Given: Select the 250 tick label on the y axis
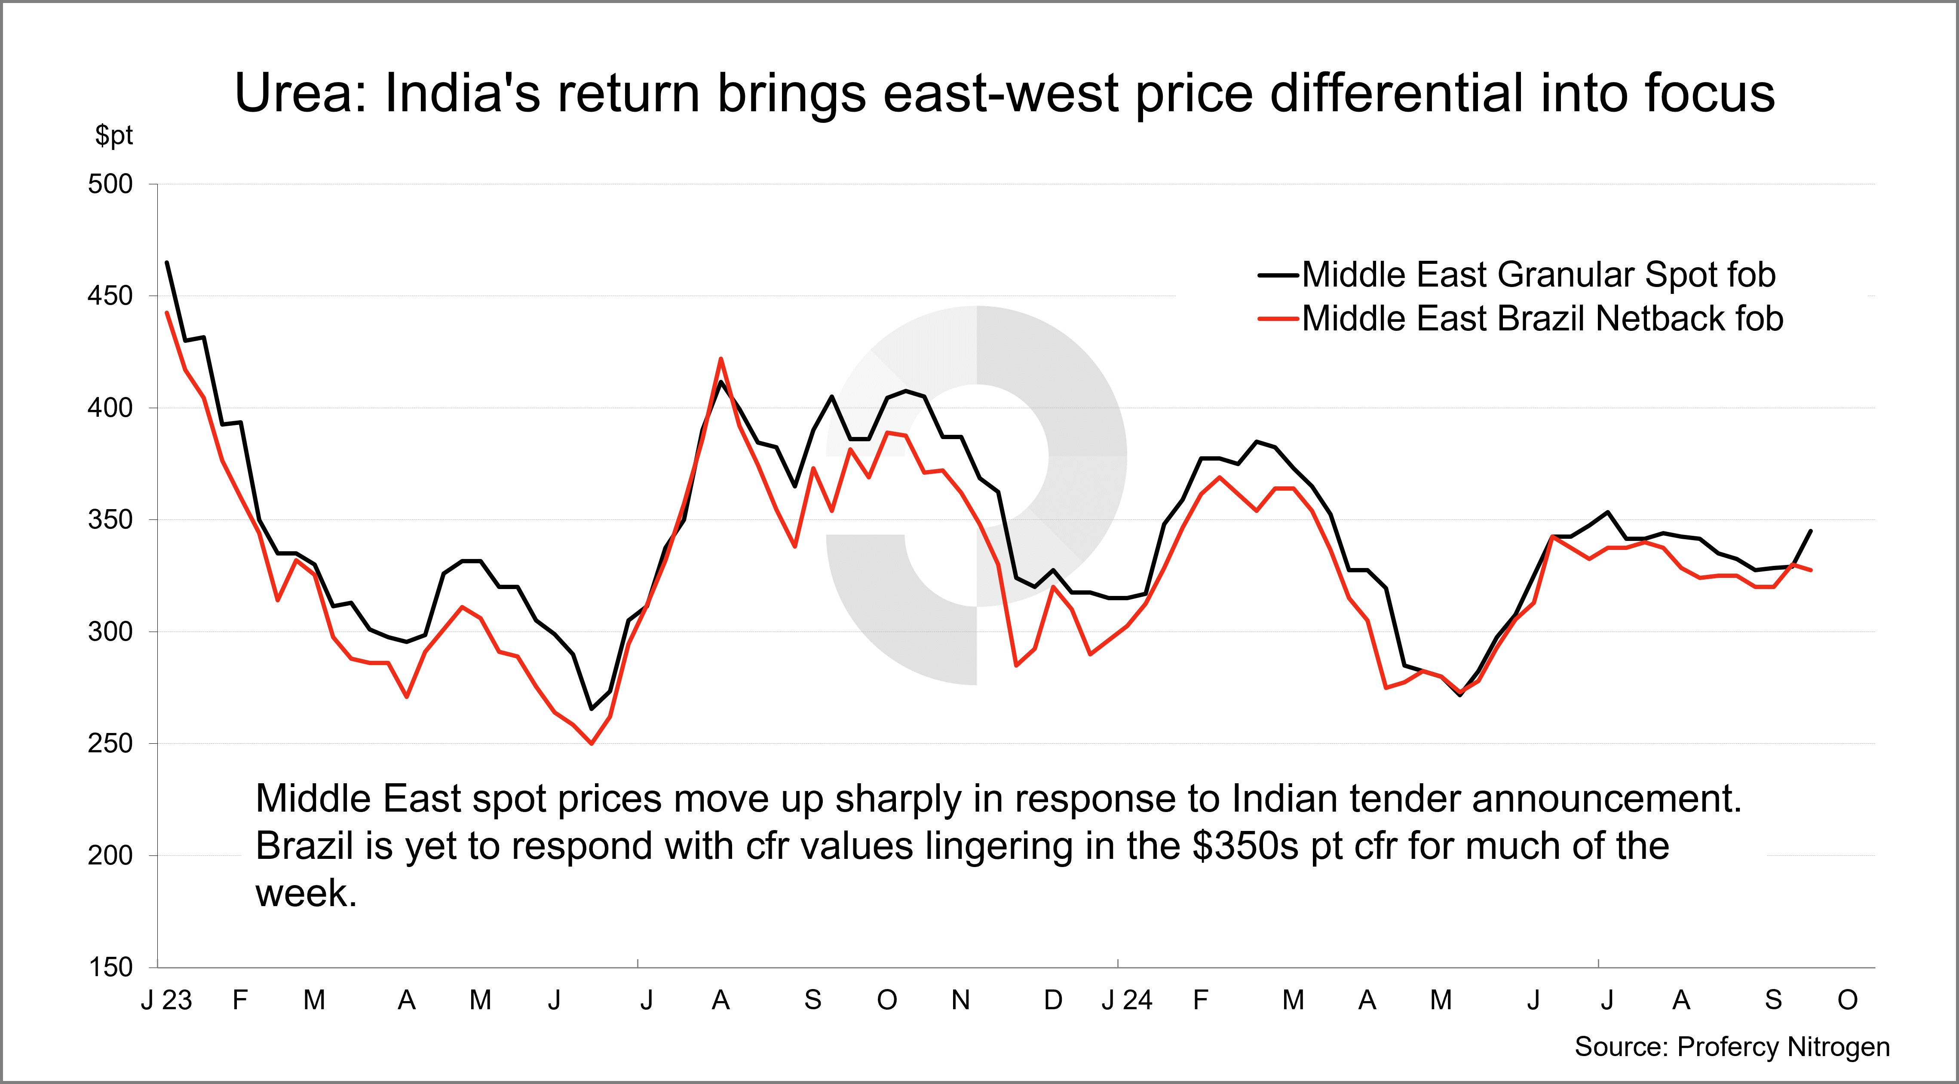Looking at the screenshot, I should (x=110, y=743).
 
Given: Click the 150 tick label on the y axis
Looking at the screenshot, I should (x=110, y=967).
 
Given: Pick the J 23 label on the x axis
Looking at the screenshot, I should (x=166, y=1000).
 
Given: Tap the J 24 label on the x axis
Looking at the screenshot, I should (x=1127, y=1000).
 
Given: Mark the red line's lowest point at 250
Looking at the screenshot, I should (x=592, y=743).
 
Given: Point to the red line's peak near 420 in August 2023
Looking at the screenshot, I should (x=721, y=359).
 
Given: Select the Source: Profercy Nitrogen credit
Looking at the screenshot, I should (x=1732, y=1047).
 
